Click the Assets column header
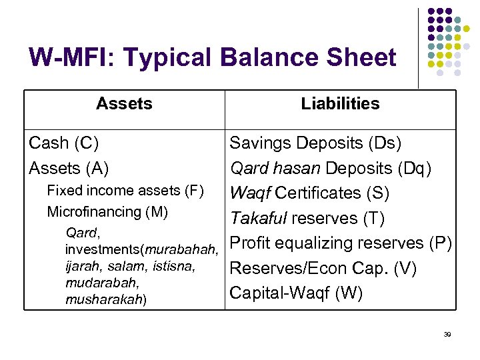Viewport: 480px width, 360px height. (124, 104)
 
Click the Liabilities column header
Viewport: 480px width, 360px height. (340, 104)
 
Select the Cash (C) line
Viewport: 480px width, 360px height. (64, 143)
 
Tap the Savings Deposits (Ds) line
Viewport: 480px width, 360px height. (315, 143)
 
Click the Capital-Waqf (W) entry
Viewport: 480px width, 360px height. (296, 293)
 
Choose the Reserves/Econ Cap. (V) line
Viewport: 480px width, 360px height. (323, 268)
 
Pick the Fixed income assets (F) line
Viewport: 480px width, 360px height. (125, 191)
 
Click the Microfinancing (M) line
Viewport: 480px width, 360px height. (107, 212)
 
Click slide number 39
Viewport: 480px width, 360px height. (447, 334)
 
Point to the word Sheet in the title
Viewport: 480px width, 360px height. (363, 57)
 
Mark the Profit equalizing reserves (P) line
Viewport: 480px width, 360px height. (341, 243)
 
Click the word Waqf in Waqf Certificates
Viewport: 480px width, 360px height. (250, 193)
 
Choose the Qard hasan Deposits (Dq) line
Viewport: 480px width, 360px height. (331, 168)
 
